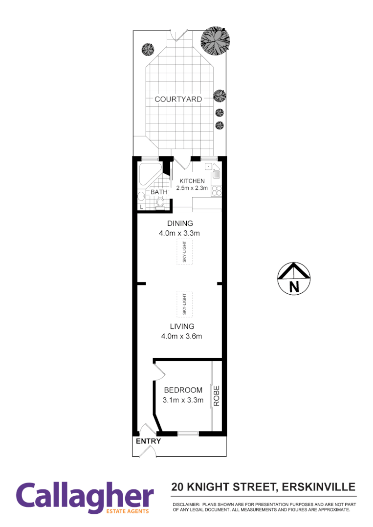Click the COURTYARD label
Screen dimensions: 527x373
(178, 99)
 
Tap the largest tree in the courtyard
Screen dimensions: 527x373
(214, 40)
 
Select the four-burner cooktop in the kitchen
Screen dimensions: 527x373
(217, 191)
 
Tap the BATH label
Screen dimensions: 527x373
(159, 192)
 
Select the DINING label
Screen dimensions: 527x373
(180, 223)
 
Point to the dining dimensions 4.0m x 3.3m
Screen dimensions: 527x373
(179, 233)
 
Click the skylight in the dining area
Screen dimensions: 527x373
(185, 253)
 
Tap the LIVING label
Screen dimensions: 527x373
(182, 326)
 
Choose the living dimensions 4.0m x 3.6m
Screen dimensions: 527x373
(182, 336)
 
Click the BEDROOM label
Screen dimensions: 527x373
(183, 390)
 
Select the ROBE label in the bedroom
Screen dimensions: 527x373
(217, 396)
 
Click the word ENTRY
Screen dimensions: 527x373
(148, 441)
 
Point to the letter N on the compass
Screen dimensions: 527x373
(294, 287)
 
